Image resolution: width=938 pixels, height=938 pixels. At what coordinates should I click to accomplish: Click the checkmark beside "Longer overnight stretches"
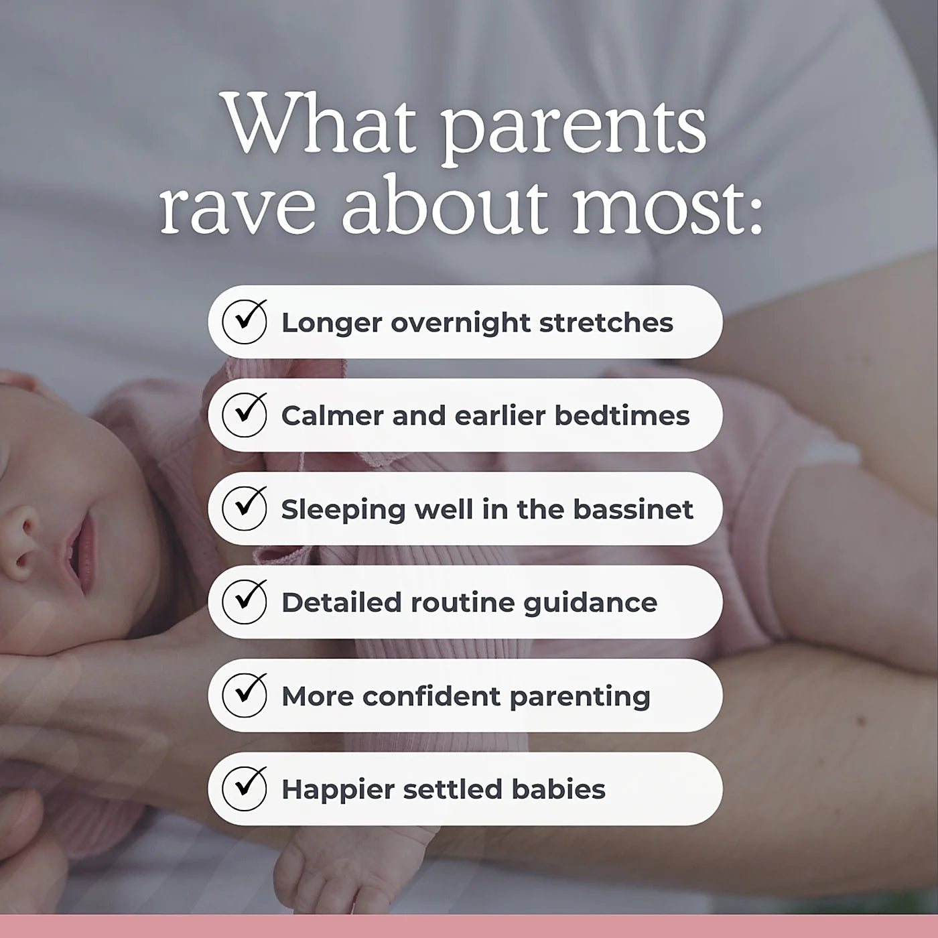(x=245, y=322)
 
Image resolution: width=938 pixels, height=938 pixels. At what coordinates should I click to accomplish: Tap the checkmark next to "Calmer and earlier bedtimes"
(x=245, y=415)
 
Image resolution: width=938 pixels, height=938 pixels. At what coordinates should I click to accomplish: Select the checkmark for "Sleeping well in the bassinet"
(x=245, y=509)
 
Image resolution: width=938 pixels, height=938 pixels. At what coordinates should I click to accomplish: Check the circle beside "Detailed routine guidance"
(x=245, y=602)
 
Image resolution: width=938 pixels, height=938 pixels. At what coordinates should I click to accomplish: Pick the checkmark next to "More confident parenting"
(x=245, y=695)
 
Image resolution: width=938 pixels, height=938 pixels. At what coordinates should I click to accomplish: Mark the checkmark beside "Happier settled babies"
(x=245, y=789)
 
